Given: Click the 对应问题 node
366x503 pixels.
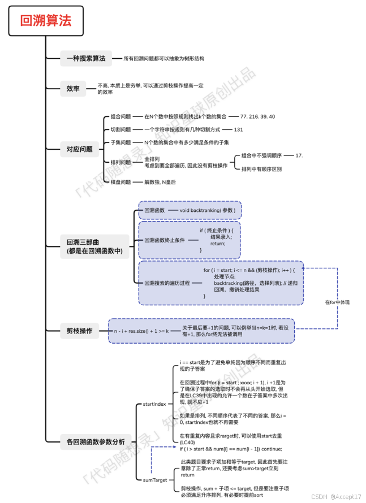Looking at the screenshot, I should pos(79,149).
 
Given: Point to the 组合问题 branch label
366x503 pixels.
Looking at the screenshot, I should pos(120,116).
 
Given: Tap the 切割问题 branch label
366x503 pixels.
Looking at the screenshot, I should pos(120,129).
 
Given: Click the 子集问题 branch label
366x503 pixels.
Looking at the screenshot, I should pos(120,142).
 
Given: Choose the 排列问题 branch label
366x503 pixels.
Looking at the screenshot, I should pos(120,162).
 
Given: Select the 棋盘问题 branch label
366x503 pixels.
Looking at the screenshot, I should pos(120,182).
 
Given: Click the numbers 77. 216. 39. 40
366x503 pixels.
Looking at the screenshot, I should pos(257,116).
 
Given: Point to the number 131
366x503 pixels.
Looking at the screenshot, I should pos(238,129).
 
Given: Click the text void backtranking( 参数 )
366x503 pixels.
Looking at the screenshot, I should pos(207,210).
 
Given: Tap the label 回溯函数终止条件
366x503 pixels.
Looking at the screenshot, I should pos(165,240).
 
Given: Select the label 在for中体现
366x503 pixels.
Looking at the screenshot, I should pos(337,302).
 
